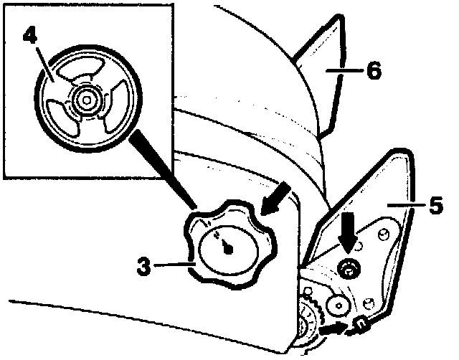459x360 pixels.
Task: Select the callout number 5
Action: pos(436,205)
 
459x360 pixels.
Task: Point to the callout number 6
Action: pos(372,71)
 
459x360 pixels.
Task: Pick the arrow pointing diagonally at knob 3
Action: pos(276,199)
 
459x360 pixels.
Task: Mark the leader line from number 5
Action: pos(404,205)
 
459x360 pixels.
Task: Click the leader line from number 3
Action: pos(172,266)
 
